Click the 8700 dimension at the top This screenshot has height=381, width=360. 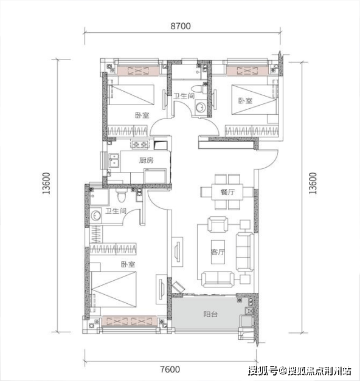(181, 26)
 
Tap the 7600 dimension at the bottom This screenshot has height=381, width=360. (170, 369)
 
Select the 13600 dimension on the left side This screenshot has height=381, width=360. (46, 184)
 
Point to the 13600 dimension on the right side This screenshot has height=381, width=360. (313, 184)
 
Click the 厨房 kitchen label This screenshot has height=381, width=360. (147, 160)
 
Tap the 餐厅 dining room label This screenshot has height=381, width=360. (227, 192)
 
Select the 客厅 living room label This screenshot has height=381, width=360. (218, 252)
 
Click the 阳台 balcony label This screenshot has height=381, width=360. (210, 314)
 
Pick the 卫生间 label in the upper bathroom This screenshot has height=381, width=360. (184, 96)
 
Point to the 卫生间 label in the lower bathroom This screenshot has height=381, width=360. (116, 211)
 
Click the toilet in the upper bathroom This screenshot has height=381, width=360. (197, 89)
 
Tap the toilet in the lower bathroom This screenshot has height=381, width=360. (121, 196)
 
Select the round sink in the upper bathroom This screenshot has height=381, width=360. (201, 107)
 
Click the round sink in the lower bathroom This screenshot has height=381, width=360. (95, 215)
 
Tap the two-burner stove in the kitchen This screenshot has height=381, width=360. (140, 145)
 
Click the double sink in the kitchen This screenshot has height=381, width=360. (114, 160)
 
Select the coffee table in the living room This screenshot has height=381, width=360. (218, 252)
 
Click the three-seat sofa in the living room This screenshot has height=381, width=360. (245, 252)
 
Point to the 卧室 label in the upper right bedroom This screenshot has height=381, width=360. (246, 101)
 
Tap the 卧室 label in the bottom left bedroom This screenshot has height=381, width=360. (128, 264)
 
